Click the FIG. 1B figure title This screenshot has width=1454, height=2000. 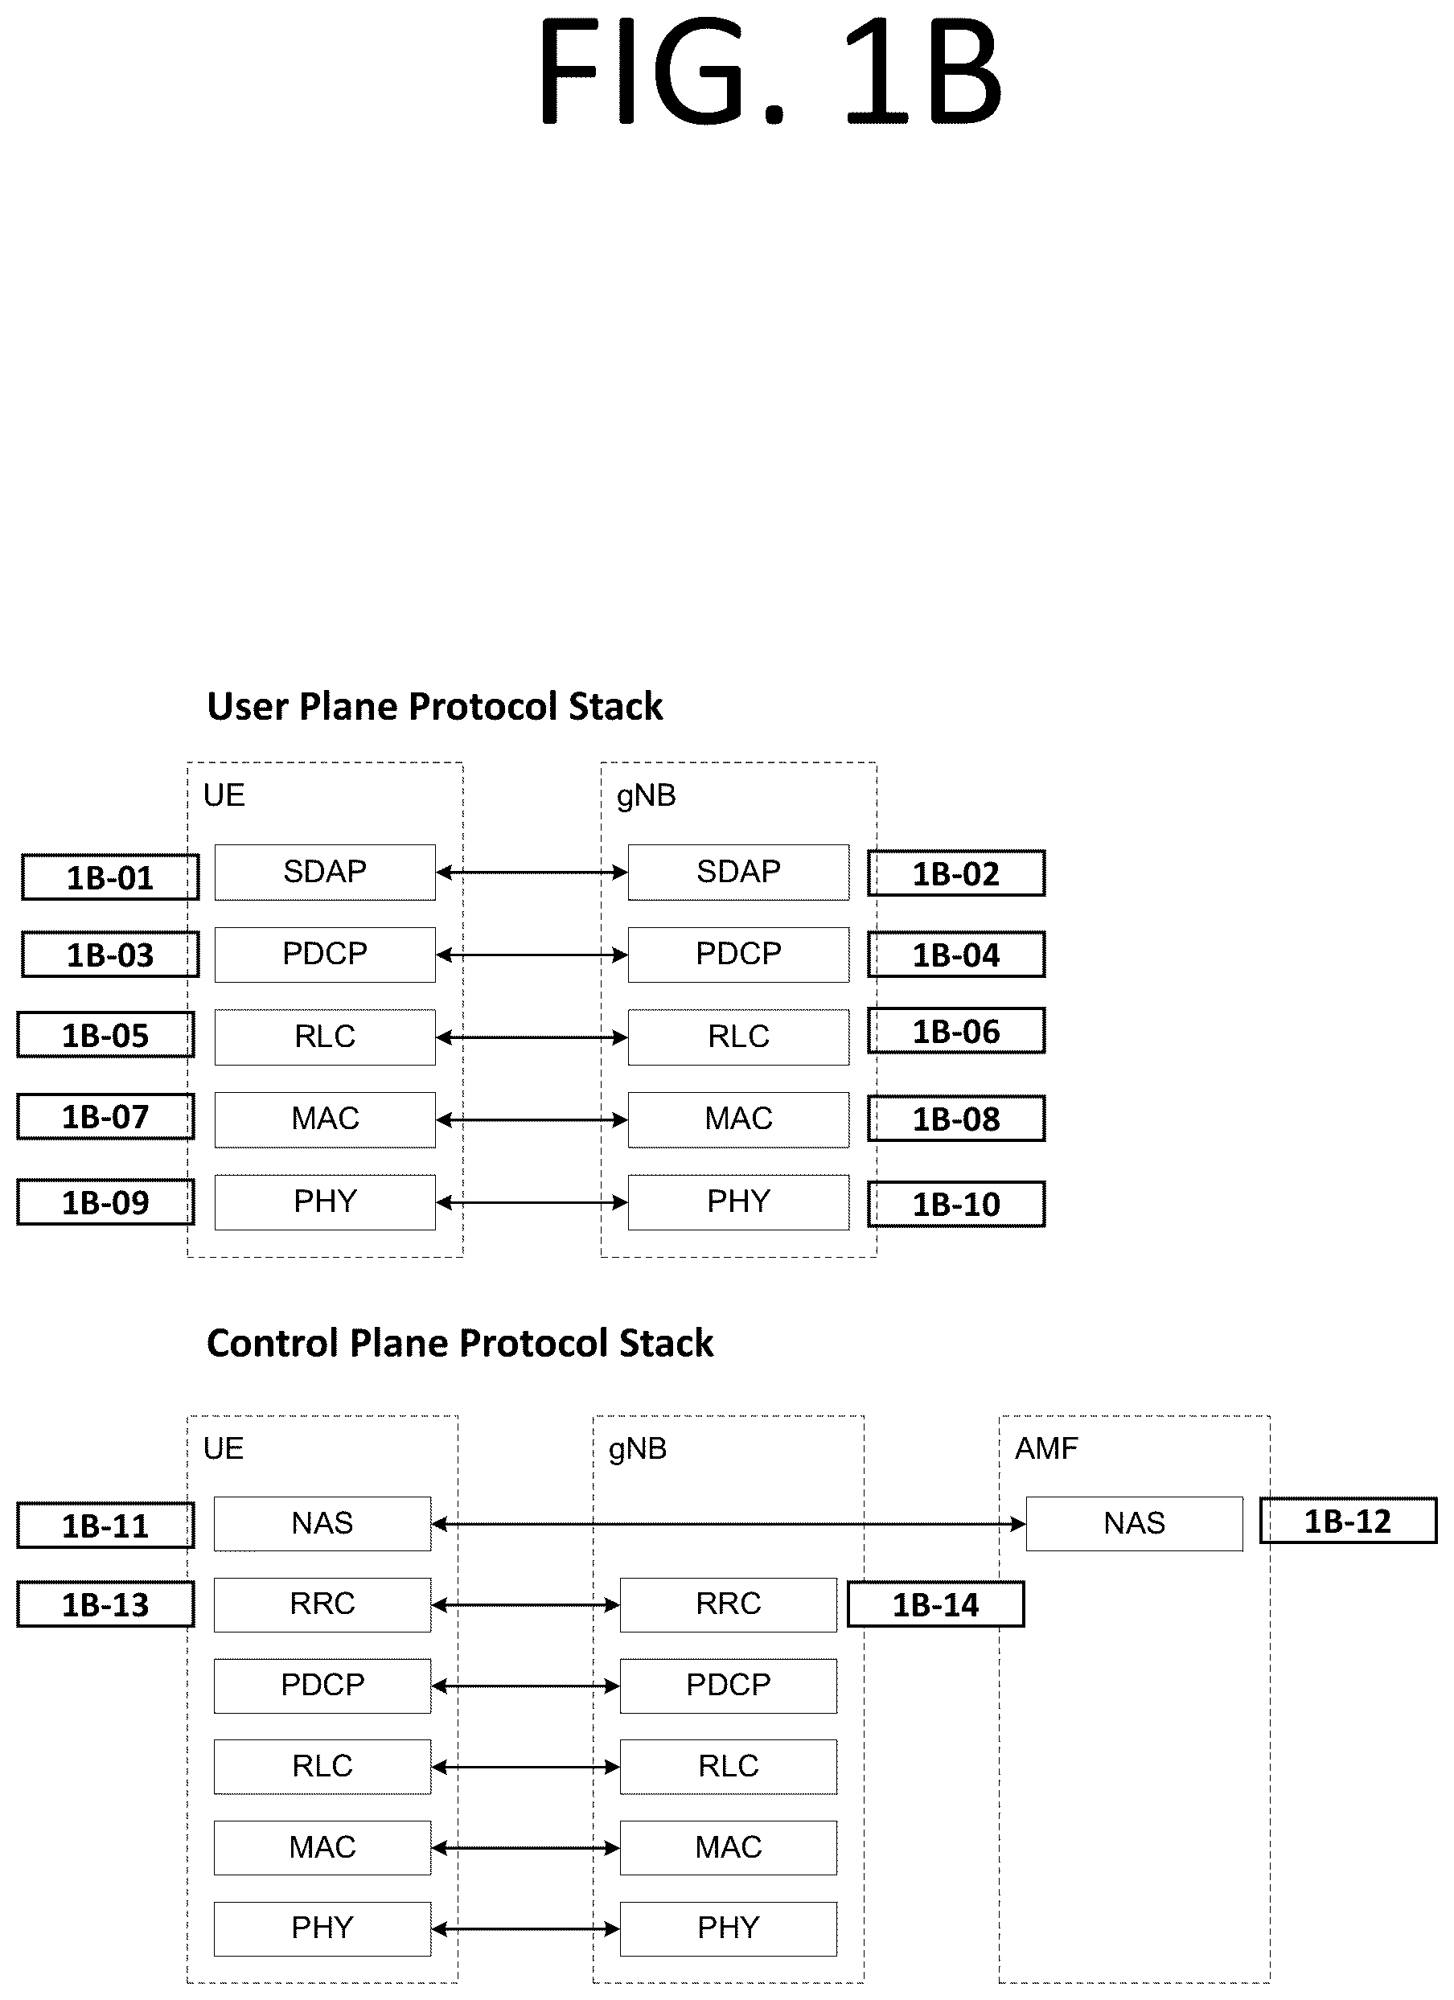coord(770,72)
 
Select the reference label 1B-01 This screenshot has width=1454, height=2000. coord(110,877)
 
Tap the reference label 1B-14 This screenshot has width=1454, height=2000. coord(935,1604)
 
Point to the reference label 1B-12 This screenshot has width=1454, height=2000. coord(1348,1520)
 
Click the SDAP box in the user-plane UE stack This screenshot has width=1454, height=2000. coord(324,872)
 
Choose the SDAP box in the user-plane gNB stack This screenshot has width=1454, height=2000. coord(738,872)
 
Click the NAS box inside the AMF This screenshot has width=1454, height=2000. coord(1134,1523)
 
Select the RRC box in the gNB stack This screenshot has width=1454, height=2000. coord(729,1604)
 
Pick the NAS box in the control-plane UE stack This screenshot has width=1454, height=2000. coord(322,1523)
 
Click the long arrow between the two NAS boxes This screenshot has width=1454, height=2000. coord(729,1523)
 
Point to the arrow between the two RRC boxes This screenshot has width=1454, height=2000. coord(525,1605)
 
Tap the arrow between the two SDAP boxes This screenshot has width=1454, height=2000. coord(532,872)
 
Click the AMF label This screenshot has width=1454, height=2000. coord(1045,1448)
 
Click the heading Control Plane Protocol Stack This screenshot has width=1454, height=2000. coord(459,1343)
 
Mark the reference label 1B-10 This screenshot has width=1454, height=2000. coord(957,1204)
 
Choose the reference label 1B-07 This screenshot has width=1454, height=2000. coord(106,1116)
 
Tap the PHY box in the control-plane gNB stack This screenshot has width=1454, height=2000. coord(729,1928)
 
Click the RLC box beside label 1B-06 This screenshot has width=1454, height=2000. coord(738,1037)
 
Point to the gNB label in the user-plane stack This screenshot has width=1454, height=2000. coord(647,796)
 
